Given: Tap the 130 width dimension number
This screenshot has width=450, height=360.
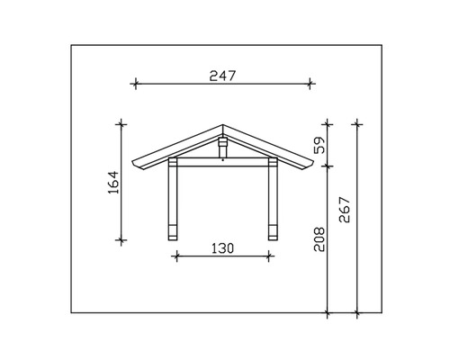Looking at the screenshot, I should pyautogui.click(x=221, y=248).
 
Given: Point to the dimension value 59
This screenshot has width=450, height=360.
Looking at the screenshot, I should pyautogui.click(x=321, y=143).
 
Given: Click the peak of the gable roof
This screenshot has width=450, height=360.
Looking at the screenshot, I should pyautogui.click(x=223, y=124).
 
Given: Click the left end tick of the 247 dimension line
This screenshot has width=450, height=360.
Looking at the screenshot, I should pyautogui.click(x=136, y=84).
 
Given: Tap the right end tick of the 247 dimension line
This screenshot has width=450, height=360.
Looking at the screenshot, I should pyautogui.click(x=310, y=84).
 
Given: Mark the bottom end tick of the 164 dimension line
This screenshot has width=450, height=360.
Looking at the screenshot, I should pyautogui.click(x=120, y=238).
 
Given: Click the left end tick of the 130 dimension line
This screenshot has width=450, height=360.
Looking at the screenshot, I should pyautogui.click(x=175, y=256).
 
